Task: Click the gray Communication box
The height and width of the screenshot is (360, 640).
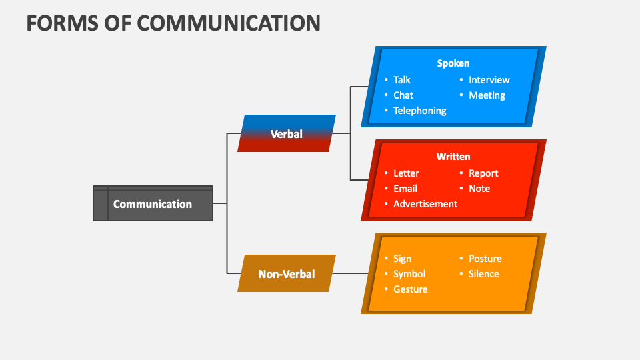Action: tap(153, 204)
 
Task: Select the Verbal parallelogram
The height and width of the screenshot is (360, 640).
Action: tap(287, 133)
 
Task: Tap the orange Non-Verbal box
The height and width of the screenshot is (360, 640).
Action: tap(287, 273)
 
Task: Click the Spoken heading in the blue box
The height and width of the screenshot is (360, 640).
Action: tap(453, 63)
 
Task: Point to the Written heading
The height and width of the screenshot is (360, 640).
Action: tap(453, 157)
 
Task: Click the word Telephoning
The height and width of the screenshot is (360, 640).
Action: tap(419, 111)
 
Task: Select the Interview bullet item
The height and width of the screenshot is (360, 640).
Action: tap(489, 80)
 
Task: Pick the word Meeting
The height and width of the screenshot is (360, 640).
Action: tap(487, 95)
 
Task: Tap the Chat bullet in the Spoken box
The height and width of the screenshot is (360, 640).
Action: tap(403, 95)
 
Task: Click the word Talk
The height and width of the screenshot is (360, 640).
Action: tap(402, 80)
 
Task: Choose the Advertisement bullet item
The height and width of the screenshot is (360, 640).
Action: tap(425, 204)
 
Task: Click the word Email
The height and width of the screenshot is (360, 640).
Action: tap(405, 189)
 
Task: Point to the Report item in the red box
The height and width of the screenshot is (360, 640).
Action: tap(483, 173)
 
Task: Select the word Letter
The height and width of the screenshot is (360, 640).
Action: tap(406, 173)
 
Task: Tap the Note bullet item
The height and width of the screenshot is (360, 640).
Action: tap(479, 189)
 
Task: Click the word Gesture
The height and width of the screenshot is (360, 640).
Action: tap(411, 289)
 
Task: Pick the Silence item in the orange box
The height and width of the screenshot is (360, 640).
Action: tap(484, 274)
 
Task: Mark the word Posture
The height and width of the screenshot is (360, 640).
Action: tap(485, 259)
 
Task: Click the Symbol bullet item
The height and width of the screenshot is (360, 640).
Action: tap(409, 274)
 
